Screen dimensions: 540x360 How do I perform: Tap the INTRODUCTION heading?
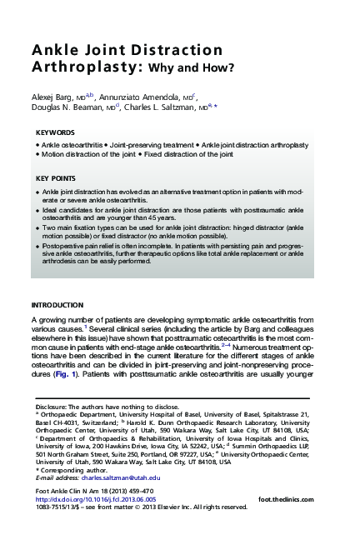click(x=57, y=305)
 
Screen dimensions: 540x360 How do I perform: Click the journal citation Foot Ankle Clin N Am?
click(x=72, y=491)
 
